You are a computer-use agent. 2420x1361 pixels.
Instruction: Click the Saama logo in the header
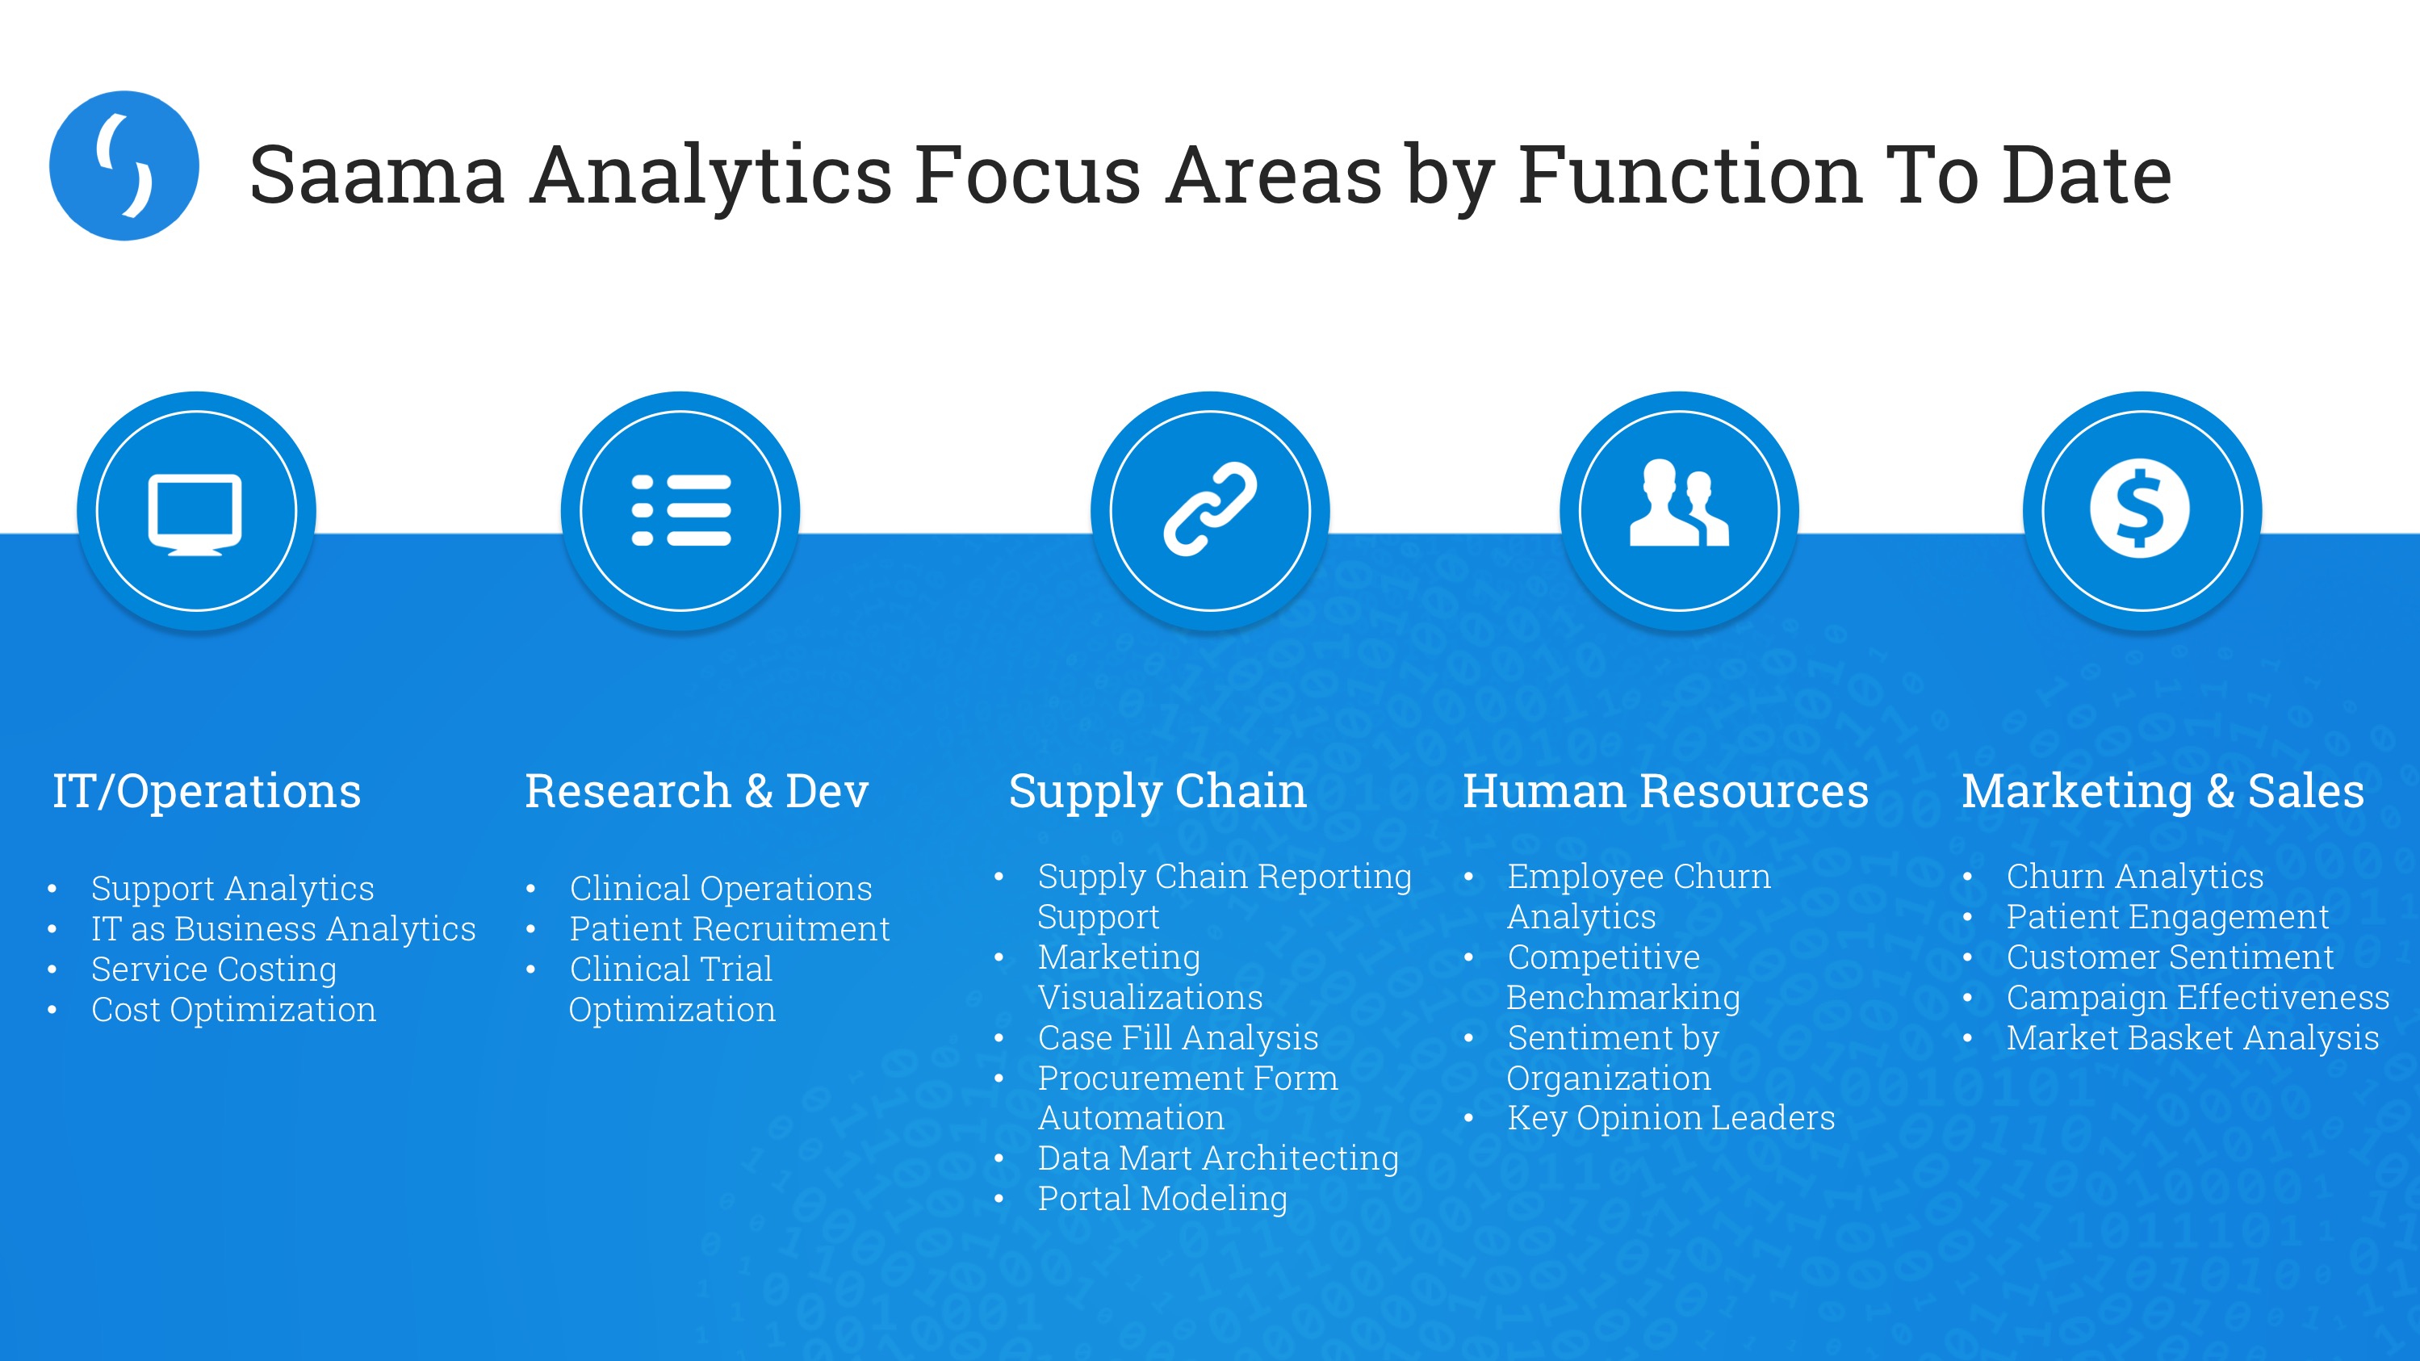(x=124, y=165)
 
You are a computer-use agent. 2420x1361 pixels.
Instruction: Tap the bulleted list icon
(x=681, y=510)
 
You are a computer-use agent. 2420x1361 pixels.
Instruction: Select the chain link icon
(x=1210, y=509)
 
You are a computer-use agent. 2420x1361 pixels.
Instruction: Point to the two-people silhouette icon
(x=1679, y=503)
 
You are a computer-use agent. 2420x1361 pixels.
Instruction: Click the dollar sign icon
(x=2140, y=508)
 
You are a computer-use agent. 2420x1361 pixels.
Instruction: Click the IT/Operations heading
(x=207, y=792)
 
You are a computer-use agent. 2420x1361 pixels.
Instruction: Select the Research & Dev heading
(x=696, y=791)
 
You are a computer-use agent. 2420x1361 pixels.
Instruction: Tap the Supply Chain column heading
(x=1158, y=792)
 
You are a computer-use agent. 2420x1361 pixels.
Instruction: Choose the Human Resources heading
(x=1665, y=791)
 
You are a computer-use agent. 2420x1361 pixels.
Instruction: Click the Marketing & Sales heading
(x=2163, y=792)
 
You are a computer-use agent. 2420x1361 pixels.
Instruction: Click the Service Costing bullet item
(x=214, y=969)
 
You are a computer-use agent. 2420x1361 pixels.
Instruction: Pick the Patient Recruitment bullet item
(x=729, y=929)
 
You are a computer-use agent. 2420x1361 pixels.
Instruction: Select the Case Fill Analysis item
(x=1178, y=1038)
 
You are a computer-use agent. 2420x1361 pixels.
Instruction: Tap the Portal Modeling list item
(x=1162, y=1199)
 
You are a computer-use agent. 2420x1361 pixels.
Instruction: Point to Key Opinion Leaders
(x=1670, y=1118)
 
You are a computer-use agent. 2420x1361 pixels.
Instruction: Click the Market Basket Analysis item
(x=2192, y=1038)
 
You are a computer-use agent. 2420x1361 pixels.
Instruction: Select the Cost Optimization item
(x=233, y=1010)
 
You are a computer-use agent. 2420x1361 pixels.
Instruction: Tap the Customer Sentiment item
(x=2170, y=957)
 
